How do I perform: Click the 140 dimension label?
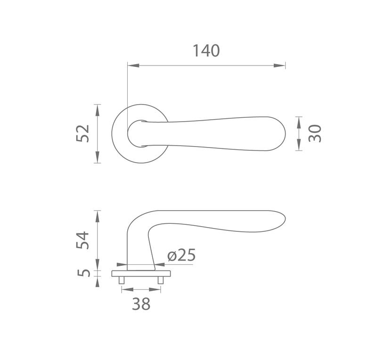[x=206, y=51]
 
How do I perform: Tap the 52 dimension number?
[x=82, y=133]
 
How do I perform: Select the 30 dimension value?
[x=314, y=133]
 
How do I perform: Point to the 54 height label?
[x=82, y=240]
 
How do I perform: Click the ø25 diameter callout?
[x=181, y=255]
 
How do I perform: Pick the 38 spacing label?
[x=141, y=304]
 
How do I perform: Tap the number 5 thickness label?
[x=83, y=273]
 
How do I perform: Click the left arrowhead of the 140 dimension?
[x=133, y=65]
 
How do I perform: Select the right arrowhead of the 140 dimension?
[x=279, y=65]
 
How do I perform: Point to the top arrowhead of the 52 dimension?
[x=97, y=110]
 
